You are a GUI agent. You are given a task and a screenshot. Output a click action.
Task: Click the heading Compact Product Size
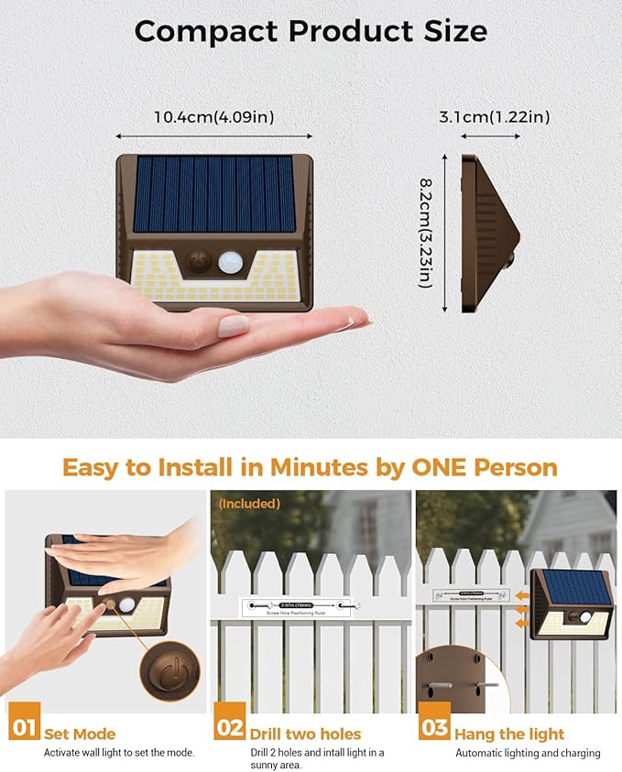(311, 30)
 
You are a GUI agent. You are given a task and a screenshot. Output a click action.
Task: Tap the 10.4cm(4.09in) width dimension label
(214, 116)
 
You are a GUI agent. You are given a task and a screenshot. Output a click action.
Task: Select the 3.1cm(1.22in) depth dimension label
(494, 116)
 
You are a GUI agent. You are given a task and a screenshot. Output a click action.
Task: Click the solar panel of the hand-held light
(214, 193)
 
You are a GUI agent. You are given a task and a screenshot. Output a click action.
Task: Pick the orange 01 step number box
(22, 728)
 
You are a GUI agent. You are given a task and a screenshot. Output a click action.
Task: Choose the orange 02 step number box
(230, 728)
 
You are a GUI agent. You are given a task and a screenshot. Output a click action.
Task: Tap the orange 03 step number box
(434, 728)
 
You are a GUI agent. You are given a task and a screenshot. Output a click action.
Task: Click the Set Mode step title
(81, 734)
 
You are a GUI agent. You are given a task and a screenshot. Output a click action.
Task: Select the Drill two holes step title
(305, 734)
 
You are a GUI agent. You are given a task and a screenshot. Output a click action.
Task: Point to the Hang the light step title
(509, 734)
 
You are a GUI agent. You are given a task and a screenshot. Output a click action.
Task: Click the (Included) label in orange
(249, 504)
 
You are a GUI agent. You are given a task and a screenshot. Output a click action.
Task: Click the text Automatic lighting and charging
(528, 753)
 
